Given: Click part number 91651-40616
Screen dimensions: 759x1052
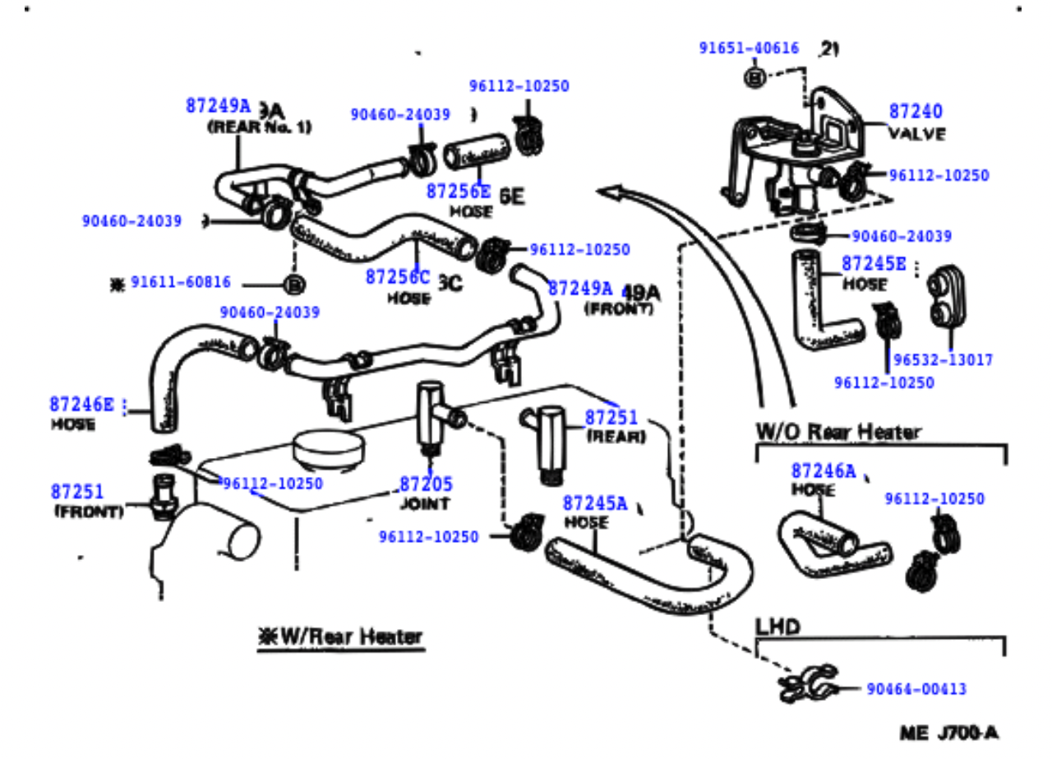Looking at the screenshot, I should (749, 49).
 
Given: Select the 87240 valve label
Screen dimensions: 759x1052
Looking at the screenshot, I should (916, 112).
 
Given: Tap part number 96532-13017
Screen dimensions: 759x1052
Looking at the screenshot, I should (943, 360).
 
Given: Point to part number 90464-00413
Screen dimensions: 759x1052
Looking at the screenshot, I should (916, 689).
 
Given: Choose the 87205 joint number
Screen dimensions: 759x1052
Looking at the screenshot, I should (426, 484).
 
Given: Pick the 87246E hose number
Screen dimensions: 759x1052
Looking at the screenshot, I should (82, 404).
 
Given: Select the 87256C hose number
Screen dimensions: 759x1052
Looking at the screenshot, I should (398, 276).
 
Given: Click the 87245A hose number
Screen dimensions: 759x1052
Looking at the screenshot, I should (594, 503).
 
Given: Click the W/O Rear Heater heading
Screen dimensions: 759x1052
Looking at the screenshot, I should (837, 432).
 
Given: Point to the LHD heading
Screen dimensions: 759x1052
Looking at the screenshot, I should (777, 627).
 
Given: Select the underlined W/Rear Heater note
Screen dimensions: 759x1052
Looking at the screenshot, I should (341, 636).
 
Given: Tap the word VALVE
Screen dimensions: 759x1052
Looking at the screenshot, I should (916, 133).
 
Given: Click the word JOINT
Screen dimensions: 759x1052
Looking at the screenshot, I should (424, 503).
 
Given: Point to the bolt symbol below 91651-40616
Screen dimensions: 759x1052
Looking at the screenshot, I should (756, 77).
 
